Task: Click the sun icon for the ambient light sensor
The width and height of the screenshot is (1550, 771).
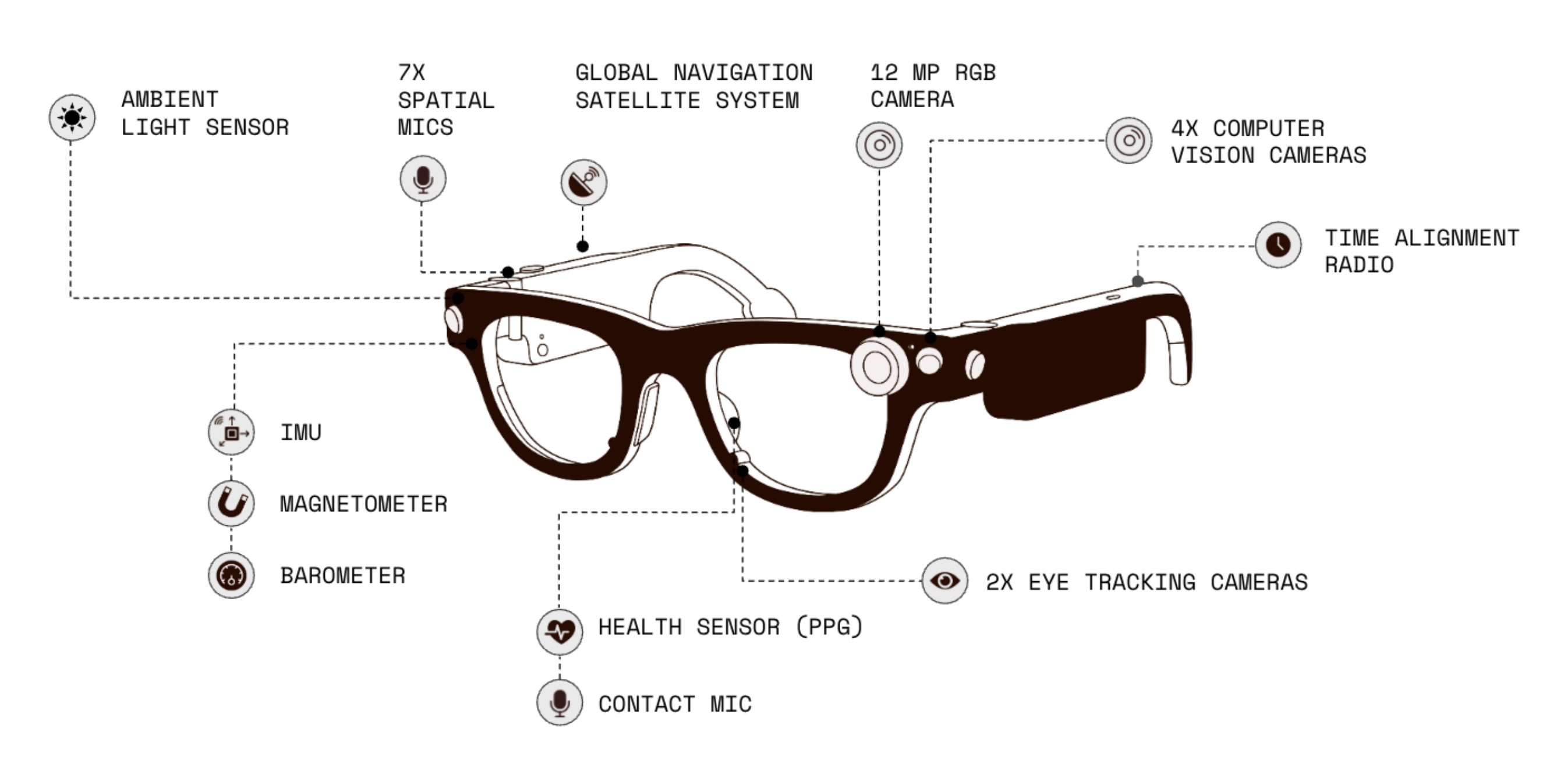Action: (x=72, y=118)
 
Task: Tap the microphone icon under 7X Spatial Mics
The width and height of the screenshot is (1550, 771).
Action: (x=423, y=179)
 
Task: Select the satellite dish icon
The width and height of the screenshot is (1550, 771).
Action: (x=583, y=182)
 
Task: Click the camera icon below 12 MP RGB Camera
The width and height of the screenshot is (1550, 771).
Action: (x=879, y=145)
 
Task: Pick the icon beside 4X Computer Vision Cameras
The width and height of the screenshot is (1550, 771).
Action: (x=1129, y=140)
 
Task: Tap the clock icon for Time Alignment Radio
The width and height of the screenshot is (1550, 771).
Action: (x=1278, y=245)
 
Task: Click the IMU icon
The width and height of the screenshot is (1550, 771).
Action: (x=232, y=432)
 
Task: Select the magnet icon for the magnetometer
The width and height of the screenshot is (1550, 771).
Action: (x=232, y=503)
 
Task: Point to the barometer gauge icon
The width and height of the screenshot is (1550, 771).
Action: (x=232, y=575)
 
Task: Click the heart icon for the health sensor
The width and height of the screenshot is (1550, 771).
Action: (x=560, y=631)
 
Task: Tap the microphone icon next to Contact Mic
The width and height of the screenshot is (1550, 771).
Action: (x=560, y=702)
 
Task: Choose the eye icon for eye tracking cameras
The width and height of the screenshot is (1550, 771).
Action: (x=944, y=581)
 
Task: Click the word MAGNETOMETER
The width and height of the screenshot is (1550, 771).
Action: (x=363, y=504)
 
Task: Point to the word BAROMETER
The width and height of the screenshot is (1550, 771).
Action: (x=342, y=575)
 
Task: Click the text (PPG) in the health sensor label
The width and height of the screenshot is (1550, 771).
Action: (x=830, y=627)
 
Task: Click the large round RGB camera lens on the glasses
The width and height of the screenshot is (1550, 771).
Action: (x=877, y=366)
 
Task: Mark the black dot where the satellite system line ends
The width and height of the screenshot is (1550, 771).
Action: (x=582, y=246)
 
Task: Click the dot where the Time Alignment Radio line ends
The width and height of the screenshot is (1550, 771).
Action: (x=1138, y=281)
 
